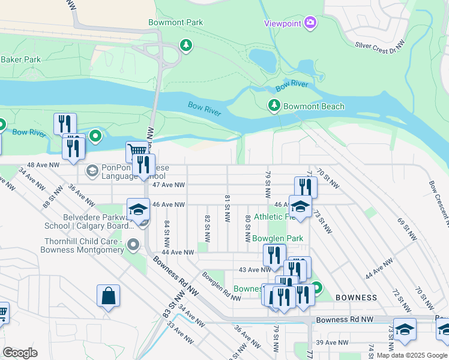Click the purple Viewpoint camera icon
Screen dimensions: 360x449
[310, 23]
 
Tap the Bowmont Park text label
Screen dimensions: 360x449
[176, 23]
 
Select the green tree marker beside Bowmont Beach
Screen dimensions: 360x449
[274, 106]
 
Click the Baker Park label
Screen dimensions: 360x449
[20, 59]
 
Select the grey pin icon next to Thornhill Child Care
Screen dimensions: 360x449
[133, 245]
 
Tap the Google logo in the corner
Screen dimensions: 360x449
[20, 352]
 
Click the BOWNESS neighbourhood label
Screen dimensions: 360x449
[356, 298]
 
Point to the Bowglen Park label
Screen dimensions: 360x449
[277, 238]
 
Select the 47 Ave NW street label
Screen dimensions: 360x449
[169, 185]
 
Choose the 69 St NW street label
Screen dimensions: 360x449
[409, 230]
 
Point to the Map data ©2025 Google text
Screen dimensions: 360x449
[412, 355]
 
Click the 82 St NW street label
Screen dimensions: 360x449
[207, 224]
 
